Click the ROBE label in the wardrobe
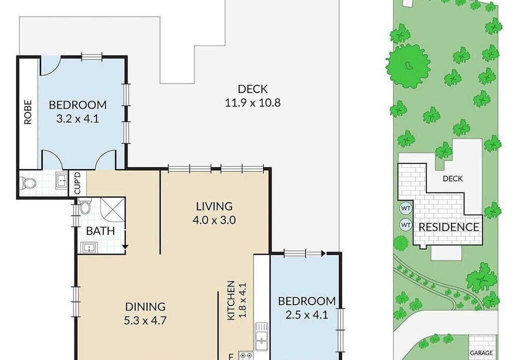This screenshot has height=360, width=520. coord(28,112)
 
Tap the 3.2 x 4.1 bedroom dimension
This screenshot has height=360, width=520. coord(77,118)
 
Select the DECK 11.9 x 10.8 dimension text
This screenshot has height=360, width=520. coord(252,103)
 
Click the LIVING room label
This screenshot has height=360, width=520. coord(214,206)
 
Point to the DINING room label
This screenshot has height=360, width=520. coord(145,306)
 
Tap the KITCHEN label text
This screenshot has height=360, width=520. coord(231,300)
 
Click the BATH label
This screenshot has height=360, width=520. coord(100,231)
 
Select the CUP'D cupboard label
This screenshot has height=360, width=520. coord(77,183)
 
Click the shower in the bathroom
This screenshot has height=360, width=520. coord(113,210)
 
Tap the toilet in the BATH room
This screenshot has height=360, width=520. coord(84,207)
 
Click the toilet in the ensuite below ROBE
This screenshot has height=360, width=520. coord(28,182)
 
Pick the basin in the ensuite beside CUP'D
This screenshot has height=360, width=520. coord(61,180)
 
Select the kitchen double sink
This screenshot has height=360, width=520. coord(261,336)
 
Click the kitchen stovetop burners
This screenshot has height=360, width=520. coord(245,356)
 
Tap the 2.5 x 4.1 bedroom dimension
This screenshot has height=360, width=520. coord(307,314)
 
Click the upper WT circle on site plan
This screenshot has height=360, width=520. coord(405,208)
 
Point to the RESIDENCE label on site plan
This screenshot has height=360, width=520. coord(448,227)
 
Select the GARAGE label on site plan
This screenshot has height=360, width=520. coord(481,353)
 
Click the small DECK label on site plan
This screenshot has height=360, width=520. coord(452,178)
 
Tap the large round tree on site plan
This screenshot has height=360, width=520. coord(408,65)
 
